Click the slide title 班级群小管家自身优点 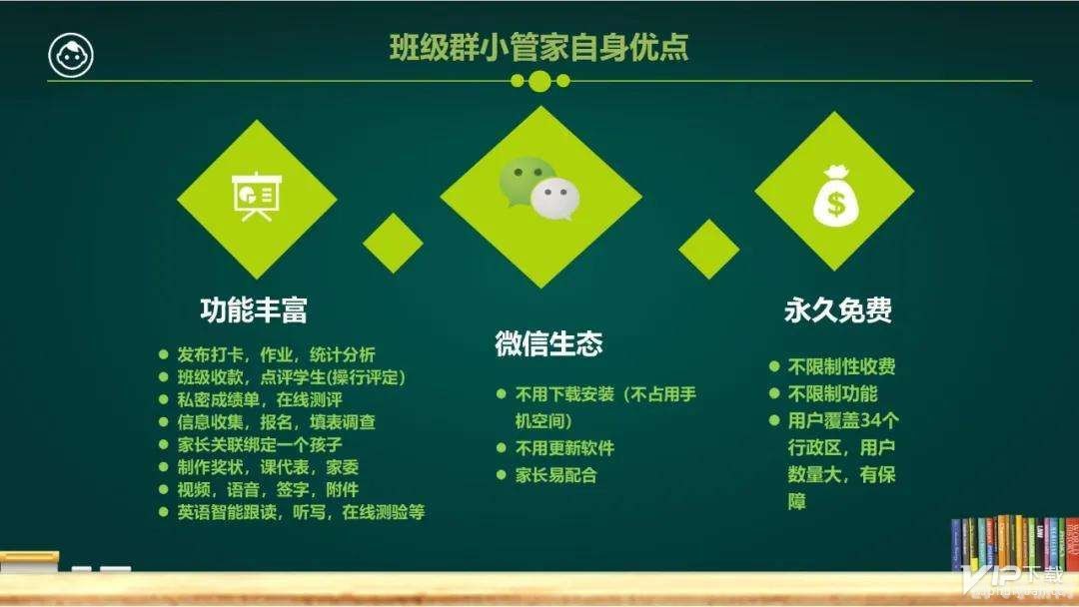[539, 47]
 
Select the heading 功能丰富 [253, 309]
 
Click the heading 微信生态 [548, 343]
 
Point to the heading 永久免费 [837, 309]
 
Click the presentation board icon [256, 197]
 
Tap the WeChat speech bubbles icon [539, 188]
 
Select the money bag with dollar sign [834, 194]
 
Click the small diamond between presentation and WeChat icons [393, 243]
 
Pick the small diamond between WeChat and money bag [708, 249]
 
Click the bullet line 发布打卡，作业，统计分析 [276, 354]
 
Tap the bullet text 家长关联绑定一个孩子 [260, 444]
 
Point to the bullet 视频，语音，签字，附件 [267, 489]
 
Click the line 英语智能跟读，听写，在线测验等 [301, 512]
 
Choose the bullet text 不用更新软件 [563, 447]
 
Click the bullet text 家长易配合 [555, 474]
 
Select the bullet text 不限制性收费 [841, 365]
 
